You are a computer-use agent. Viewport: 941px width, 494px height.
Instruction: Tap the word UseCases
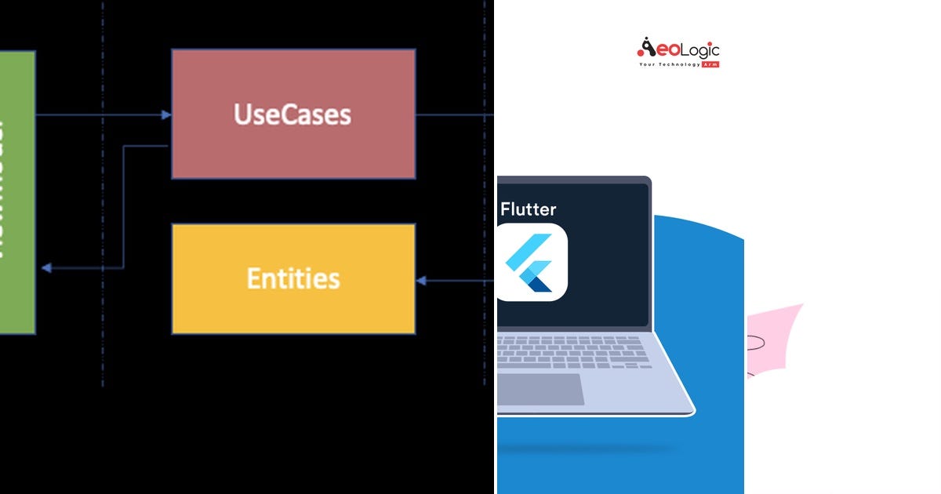pos(292,114)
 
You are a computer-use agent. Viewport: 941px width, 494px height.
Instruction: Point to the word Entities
pos(293,278)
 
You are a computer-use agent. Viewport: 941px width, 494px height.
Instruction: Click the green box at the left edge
pos(16,192)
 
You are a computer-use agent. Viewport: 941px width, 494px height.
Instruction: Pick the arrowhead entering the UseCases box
pos(166,115)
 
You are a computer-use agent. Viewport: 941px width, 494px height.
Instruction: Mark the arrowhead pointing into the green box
pos(46,268)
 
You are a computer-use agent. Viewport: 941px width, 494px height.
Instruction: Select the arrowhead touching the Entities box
pos(421,281)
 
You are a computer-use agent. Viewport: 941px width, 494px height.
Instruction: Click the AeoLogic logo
pos(678,51)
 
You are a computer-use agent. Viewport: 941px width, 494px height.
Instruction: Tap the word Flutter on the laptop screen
pos(529,209)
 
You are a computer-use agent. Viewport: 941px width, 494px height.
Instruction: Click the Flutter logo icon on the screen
pos(531,263)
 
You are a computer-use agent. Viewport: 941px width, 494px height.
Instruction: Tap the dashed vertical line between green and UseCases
pos(102,196)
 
